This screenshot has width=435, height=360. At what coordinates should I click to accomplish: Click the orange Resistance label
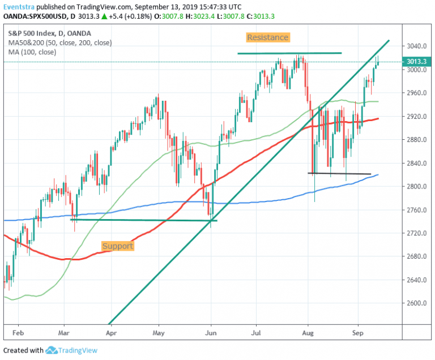click(268, 38)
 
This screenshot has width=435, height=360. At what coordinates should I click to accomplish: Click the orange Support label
click(118, 246)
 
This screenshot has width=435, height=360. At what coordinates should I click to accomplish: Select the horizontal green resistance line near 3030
click(289, 53)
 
